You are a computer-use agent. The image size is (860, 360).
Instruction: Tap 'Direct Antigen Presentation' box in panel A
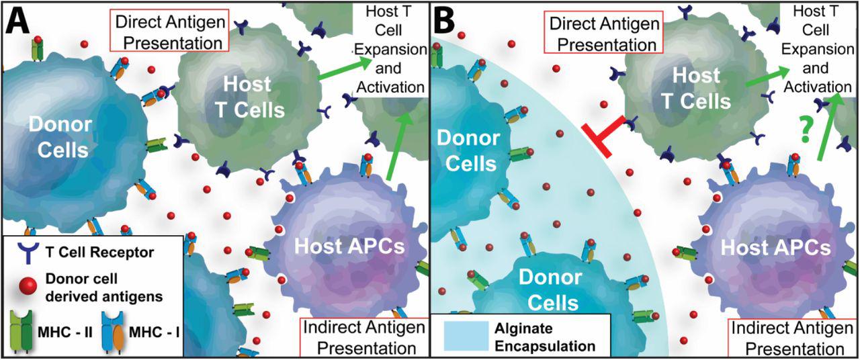(x=169, y=32)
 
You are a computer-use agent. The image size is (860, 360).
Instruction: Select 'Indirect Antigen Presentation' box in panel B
(x=787, y=338)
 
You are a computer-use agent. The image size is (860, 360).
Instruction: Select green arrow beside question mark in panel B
(x=827, y=128)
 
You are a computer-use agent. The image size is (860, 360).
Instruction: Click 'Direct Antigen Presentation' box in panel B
(x=602, y=34)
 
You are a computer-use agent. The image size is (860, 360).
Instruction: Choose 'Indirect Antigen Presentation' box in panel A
(x=364, y=338)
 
